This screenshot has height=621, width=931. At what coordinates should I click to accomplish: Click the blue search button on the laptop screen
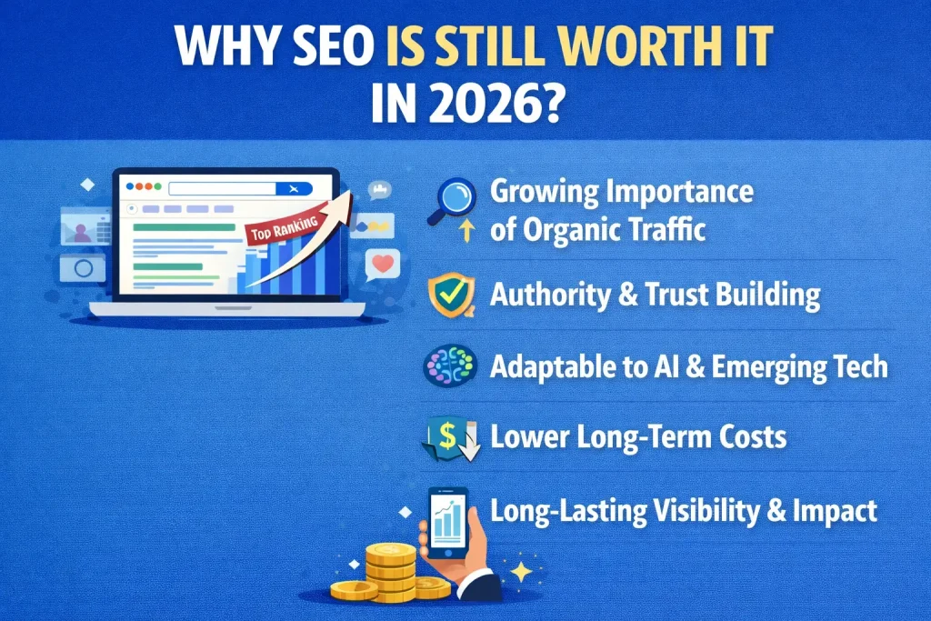pos(292,188)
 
